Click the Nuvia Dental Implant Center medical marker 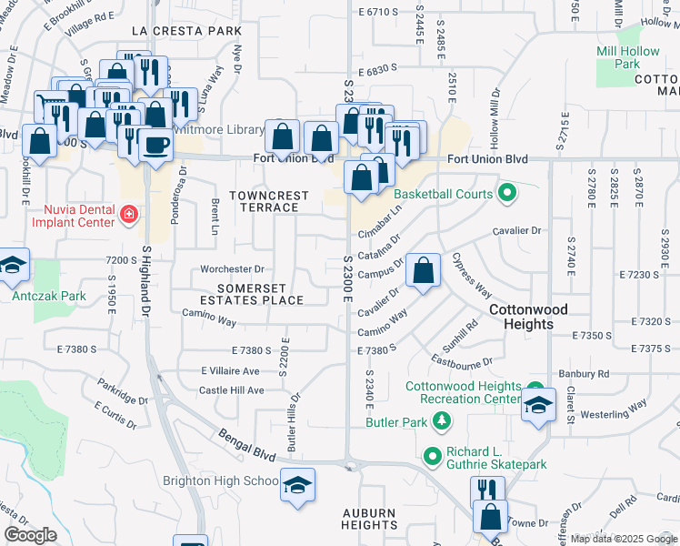[x=129, y=216]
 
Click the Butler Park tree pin [x=442, y=420]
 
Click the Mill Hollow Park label [x=628, y=57]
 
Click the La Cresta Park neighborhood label [x=186, y=31]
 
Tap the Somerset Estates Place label [x=252, y=294]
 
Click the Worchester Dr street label [x=232, y=269]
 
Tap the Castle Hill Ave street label [x=231, y=390]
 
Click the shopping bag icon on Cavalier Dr [x=424, y=270]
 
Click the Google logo [x=30, y=534]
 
